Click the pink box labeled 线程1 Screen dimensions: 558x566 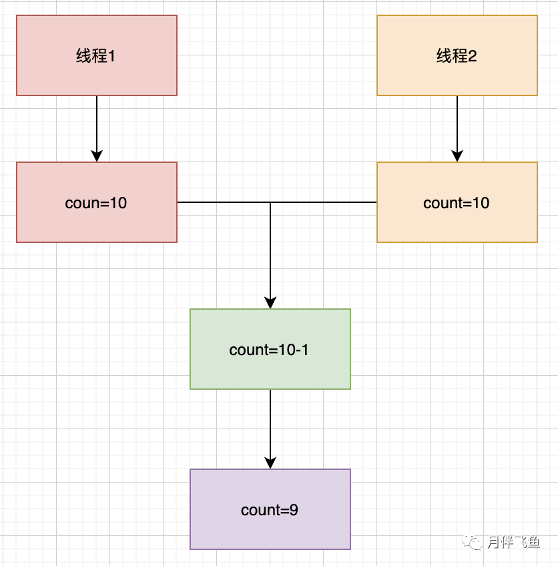[97, 55]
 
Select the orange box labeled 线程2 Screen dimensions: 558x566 [457, 55]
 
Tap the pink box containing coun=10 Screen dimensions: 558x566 [97, 202]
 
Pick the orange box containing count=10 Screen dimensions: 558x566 [457, 202]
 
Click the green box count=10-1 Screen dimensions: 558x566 [270, 349]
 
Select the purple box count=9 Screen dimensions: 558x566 [270, 509]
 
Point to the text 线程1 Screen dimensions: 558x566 [95, 56]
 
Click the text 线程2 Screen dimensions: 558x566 [457, 56]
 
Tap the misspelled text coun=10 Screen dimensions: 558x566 [96, 203]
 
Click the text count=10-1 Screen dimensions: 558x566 [269, 350]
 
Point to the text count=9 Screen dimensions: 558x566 [270, 510]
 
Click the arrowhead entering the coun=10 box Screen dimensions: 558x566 [97, 156]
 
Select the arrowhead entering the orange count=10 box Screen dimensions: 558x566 [457, 156]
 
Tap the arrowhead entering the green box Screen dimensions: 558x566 [270, 303]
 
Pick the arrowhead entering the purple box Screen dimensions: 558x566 [270, 463]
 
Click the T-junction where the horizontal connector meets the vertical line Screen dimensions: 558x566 [270, 202]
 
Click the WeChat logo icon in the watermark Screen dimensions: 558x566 [472, 541]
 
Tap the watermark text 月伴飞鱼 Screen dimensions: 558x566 [513, 542]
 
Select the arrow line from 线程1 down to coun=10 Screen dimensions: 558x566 [97, 129]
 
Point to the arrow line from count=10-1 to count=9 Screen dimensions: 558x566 [270, 429]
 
